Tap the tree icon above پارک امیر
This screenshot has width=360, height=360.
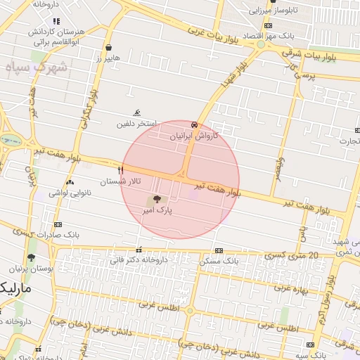156,200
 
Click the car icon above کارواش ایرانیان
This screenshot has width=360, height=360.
194,124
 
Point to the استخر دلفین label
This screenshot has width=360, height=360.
136,124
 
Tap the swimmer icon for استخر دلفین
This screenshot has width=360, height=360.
137,113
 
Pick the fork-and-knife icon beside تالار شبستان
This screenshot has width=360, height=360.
121,171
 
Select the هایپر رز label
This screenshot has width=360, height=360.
108,58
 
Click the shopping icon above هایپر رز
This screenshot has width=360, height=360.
108,48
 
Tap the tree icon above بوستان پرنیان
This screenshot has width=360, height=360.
30,257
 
